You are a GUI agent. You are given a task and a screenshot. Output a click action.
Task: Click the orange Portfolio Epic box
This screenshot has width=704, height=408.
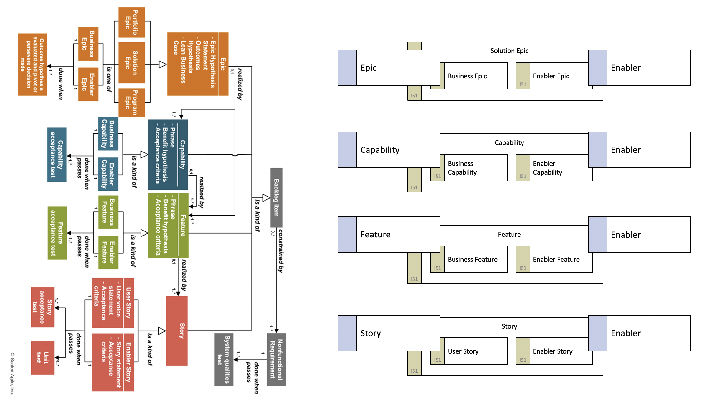click(131, 22)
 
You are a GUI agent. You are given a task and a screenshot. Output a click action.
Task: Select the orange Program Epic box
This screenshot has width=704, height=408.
click(131, 102)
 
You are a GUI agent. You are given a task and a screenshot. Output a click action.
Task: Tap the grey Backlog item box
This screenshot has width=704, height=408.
click(276, 197)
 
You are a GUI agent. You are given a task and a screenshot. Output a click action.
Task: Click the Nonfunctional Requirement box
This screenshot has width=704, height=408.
click(276, 360)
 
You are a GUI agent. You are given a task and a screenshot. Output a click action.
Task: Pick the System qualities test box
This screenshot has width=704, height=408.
click(224, 360)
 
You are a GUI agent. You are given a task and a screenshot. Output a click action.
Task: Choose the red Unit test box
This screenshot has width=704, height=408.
click(42, 357)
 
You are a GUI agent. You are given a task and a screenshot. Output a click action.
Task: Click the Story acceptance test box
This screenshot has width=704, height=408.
click(42, 307)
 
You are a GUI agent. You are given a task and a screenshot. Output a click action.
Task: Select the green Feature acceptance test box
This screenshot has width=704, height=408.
click(57, 233)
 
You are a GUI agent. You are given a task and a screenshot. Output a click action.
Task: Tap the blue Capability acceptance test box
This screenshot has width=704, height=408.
click(57, 155)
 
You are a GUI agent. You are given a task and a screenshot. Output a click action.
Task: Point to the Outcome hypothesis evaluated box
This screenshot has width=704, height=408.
click(32, 64)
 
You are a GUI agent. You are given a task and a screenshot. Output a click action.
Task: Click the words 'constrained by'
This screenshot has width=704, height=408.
click(281, 251)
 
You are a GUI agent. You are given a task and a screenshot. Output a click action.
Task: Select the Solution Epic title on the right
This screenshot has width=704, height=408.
click(509, 51)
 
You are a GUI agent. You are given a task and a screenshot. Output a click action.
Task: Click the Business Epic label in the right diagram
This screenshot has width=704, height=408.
click(467, 76)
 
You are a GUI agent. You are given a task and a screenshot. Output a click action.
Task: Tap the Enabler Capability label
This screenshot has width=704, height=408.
click(547, 168)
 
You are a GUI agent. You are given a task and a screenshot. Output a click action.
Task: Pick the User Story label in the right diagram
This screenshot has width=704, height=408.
click(463, 351)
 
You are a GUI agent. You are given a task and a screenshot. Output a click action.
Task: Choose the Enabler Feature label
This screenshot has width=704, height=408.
click(556, 259)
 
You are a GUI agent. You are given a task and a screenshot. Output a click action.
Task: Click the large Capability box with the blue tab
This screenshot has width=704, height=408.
click(389, 150)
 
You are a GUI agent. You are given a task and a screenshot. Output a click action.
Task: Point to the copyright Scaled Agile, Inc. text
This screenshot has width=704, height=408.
click(12, 374)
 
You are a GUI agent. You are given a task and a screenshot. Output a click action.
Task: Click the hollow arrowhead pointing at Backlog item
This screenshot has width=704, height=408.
click(266, 197)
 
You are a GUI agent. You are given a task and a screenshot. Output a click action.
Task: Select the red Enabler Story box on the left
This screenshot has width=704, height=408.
click(113, 362)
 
